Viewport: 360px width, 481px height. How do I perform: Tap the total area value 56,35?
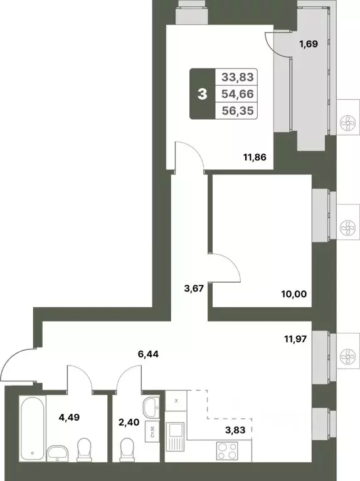238,110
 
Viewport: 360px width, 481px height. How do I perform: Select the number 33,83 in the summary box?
238,78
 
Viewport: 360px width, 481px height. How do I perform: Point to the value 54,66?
238,94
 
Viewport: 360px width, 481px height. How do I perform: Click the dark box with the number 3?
202,95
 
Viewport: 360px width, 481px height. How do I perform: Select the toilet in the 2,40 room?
127,450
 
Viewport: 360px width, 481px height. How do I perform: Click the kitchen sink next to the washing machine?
174,435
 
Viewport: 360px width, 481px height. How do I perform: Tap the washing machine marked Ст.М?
151,431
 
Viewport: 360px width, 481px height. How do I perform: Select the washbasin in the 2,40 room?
151,408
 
